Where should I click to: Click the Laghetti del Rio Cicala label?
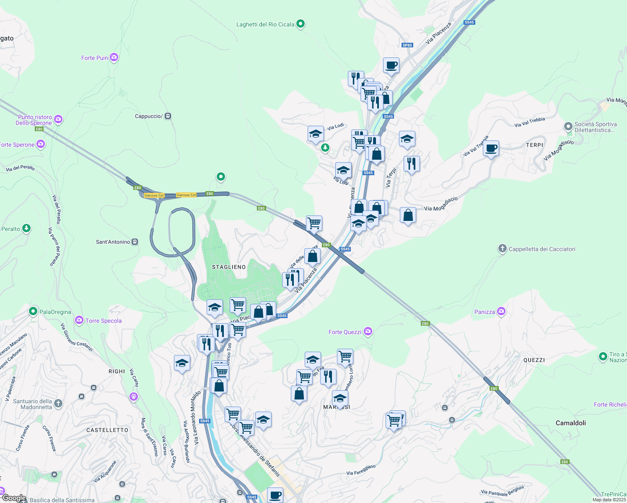point(265,24)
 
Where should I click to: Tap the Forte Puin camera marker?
point(114,57)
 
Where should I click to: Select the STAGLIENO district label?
point(229,267)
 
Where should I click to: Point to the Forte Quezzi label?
point(345,332)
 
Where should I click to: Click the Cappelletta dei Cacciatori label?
point(541,249)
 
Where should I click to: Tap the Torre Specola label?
point(103,321)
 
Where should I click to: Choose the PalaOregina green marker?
point(33,311)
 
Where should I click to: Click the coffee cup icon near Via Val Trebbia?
point(491,148)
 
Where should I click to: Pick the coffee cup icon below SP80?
point(391,65)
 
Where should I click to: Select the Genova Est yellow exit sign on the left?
point(154,195)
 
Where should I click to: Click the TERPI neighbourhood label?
point(534,145)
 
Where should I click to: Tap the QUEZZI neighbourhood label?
point(534,360)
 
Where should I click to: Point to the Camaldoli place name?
point(570,423)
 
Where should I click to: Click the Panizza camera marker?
point(501,311)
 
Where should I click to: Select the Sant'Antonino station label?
point(113,242)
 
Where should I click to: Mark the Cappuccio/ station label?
point(149,116)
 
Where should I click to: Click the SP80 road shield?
point(407,45)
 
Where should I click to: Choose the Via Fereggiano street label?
point(361,470)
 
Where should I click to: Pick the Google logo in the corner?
point(14,498)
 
